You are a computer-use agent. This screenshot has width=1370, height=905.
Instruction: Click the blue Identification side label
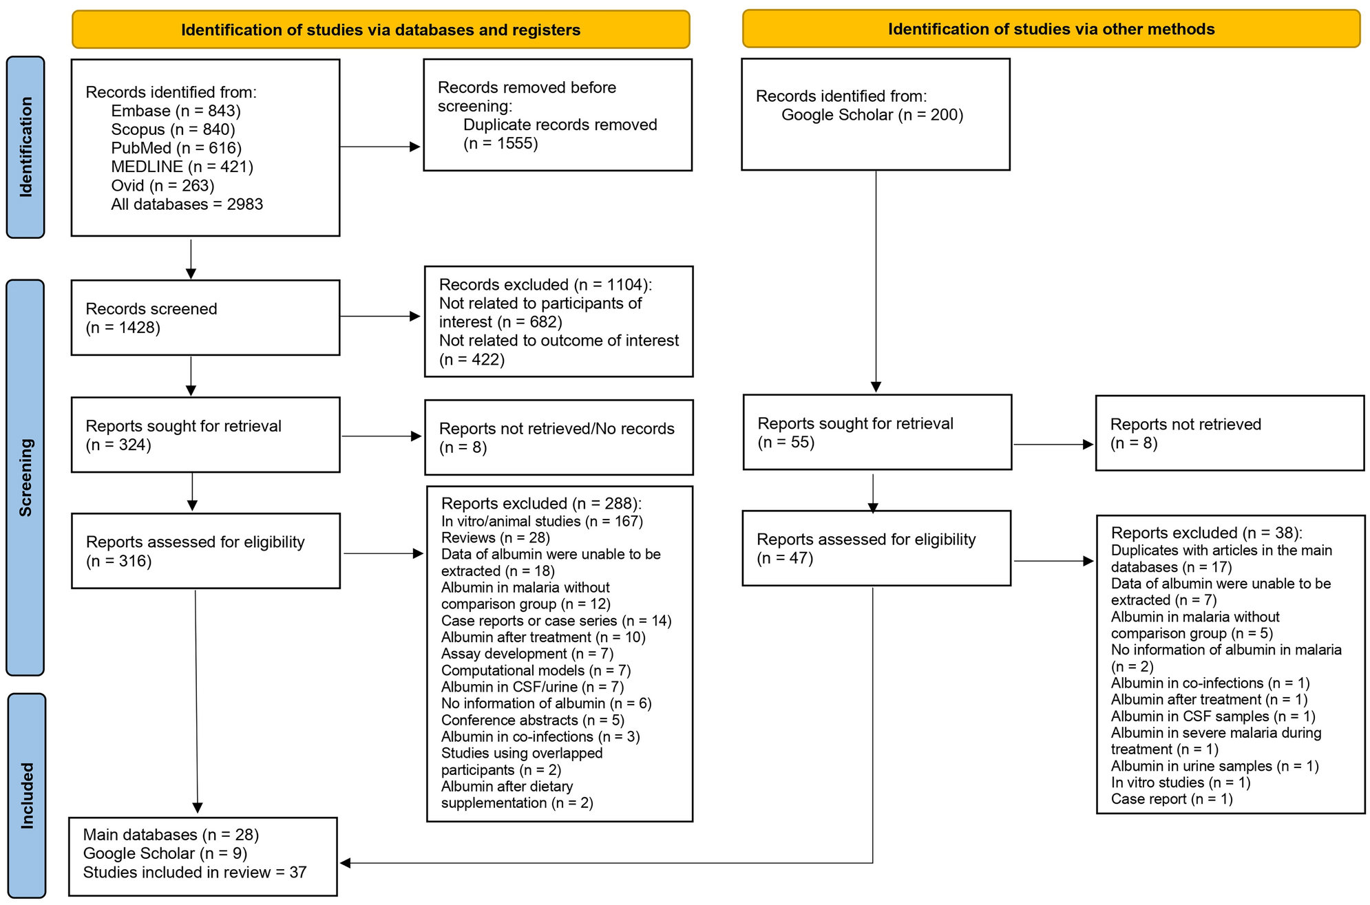click(x=25, y=147)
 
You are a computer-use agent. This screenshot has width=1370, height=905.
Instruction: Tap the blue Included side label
click(x=27, y=795)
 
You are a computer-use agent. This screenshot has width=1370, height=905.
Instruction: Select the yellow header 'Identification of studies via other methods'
click(x=1051, y=29)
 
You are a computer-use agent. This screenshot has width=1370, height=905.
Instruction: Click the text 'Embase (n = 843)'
click(x=176, y=111)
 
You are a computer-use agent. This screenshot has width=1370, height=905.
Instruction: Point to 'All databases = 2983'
click(x=187, y=204)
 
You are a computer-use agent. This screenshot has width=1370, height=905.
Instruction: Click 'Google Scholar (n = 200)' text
click(x=872, y=115)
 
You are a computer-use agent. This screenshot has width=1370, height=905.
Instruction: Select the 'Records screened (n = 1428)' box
click(x=205, y=317)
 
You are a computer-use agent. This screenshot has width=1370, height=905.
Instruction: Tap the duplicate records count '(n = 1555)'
click(x=500, y=143)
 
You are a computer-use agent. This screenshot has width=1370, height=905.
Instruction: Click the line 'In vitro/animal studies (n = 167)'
click(x=542, y=521)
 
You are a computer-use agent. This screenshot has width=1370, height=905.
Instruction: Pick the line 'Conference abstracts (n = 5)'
click(x=532, y=720)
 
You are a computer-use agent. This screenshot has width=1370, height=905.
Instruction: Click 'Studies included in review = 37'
click(x=195, y=872)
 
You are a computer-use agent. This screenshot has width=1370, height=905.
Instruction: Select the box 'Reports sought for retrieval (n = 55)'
click(x=877, y=432)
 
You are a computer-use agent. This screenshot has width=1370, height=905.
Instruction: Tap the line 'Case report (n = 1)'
click(x=1171, y=799)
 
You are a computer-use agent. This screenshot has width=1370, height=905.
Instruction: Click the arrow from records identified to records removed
click(x=380, y=147)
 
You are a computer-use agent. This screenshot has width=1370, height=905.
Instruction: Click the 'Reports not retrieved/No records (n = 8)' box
click(x=558, y=438)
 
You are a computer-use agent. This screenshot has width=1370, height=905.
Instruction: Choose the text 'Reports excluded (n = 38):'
click(x=1206, y=533)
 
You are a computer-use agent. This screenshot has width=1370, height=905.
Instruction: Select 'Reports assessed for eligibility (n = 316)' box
click(x=205, y=551)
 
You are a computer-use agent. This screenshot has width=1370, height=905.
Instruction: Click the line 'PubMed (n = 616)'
click(x=176, y=148)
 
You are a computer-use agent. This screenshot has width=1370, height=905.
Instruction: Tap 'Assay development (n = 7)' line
click(x=527, y=654)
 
